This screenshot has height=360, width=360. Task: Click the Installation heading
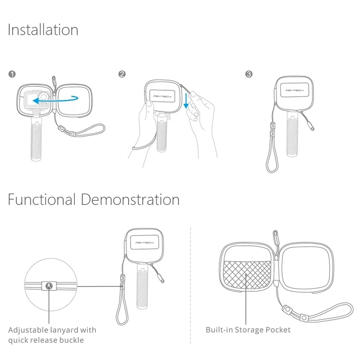coord(43,30)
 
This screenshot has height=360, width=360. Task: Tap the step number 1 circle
coord(12,74)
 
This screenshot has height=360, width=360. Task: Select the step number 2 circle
coord(122,74)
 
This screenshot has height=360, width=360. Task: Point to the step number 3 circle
coord(249,74)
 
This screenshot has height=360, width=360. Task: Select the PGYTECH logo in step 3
coord(294,90)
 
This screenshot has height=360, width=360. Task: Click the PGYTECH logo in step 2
coord(162,96)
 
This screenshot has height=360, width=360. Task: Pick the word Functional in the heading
coord(42,199)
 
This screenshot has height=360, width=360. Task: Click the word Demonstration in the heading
coord(130,199)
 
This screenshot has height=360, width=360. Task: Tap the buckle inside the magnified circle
coord(49,286)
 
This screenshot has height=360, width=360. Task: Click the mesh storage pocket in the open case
coord(247,275)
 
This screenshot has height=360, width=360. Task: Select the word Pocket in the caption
coord(278,330)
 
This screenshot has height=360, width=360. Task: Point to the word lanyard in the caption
coord(62,330)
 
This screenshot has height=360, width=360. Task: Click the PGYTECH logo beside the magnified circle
coord(144,243)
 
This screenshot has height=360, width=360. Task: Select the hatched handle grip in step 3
coord(292,135)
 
